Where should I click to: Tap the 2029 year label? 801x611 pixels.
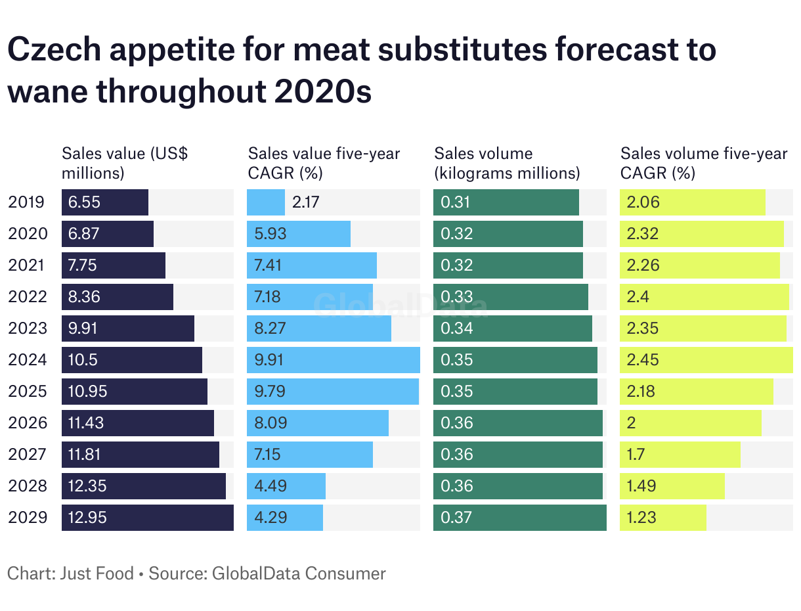[x=28, y=518]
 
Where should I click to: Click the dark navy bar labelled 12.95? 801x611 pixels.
[x=147, y=518]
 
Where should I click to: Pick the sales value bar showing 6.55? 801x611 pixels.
[x=105, y=202]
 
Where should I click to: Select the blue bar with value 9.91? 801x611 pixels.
[x=334, y=360]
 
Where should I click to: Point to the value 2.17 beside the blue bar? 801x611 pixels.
[x=306, y=202]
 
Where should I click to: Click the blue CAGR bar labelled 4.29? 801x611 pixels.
[x=285, y=518]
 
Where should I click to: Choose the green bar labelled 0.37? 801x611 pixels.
[x=519, y=518]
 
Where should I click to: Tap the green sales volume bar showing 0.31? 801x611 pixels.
[x=506, y=202]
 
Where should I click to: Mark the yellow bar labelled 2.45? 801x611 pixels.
[x=706, y=360]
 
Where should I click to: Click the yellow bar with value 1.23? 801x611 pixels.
[x=663, y=518]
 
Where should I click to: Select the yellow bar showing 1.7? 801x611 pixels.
[x=680, y=455]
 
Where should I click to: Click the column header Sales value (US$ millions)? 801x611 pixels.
[x=125, y=163]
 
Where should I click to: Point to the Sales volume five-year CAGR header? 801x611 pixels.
[x=703, y=163]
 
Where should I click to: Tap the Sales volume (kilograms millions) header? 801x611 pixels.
[x=507, y=163]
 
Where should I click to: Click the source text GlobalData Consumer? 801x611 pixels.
[x=299, y=574]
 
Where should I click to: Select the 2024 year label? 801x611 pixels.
[x=28, y=360]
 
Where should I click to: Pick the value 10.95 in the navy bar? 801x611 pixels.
[x=88, y=392]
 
